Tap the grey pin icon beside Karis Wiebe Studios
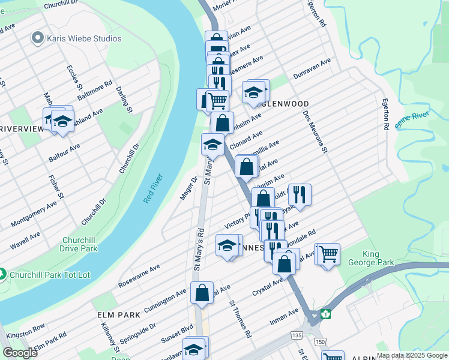(38, 38)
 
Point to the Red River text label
(154, 189)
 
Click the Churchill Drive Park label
(79, 244)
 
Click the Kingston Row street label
(25, 331)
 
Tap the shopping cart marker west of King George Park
(328, 254)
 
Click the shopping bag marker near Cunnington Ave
(202, 293)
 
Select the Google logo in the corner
(19, 353)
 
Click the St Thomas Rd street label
(240, 319)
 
